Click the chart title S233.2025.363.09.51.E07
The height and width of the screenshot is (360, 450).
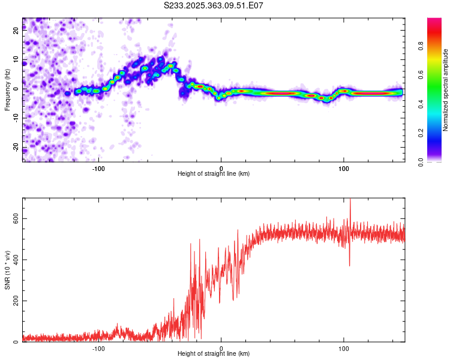213,5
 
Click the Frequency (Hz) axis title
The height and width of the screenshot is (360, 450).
7,90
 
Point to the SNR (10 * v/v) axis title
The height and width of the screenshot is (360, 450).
7,270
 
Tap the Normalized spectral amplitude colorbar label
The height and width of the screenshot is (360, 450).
445,90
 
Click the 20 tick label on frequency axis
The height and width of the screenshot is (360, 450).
16,31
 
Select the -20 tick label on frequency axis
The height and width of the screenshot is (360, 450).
16,148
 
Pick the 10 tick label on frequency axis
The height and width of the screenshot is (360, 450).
16,60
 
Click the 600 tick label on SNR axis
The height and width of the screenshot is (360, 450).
16,219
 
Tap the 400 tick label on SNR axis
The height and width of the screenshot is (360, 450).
16,260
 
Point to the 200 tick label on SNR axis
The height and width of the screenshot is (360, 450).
16,301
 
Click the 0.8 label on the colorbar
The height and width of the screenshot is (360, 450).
421,46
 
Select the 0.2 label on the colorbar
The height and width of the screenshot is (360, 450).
421,133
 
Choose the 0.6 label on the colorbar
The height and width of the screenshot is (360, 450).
421,75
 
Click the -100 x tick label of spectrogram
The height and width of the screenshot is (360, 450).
98,169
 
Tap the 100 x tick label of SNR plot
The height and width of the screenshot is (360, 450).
344,349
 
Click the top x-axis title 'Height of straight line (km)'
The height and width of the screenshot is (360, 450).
214,173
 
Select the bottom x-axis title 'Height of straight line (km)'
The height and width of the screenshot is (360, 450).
214,353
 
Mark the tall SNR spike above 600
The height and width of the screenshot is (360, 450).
350,212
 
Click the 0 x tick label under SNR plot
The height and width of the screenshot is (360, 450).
221,349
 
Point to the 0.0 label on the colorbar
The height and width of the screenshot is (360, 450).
421,162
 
